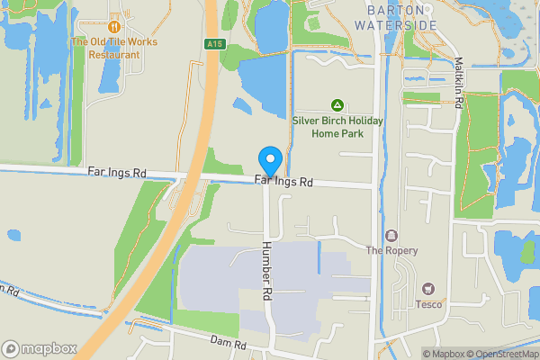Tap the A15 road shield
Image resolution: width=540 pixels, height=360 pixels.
tap(213, 44)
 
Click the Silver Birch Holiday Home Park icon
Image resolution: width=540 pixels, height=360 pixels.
tap(337, 105)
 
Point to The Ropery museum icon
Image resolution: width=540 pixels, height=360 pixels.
tap(391, 236)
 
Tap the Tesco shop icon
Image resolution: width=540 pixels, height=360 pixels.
tap(427, 289)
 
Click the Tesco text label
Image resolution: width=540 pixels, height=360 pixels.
tap(427, 303)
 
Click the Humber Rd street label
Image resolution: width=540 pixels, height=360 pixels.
tap(267, 270)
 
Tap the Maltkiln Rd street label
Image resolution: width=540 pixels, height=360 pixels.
tap(458, 84)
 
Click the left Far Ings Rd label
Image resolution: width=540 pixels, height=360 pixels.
tap(117, 172)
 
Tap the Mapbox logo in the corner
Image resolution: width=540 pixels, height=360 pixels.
tap(38, 348)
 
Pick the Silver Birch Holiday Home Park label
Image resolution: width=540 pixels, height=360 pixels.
tap(337, 127)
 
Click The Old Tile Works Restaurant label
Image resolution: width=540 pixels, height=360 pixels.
tap(114, 48)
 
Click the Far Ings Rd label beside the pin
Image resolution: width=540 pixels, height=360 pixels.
tap(284, 182)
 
